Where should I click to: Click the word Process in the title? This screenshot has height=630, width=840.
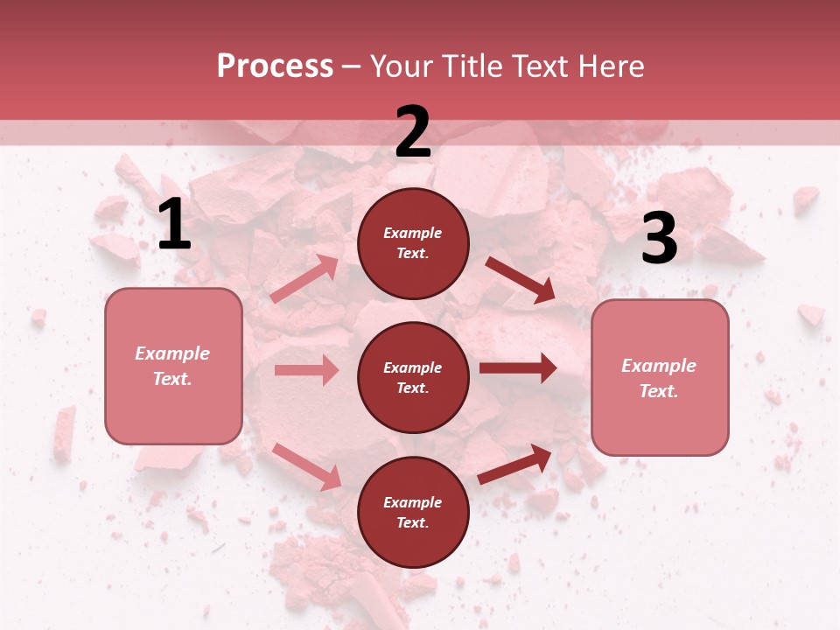tap(275, 66)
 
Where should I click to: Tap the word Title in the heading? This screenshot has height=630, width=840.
tap(471, 66)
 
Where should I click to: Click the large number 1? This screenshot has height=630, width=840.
tap(174, 225)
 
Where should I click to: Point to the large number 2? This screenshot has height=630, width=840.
tap(413, 133)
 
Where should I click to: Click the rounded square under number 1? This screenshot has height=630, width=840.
tap(173, 366)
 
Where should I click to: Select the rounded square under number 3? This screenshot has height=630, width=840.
tap(660, 377)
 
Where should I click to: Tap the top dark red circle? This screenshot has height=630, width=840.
tap(413, 243)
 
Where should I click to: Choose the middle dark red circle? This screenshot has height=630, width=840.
tap(413, 377)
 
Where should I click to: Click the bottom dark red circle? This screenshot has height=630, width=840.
tap(413, 512)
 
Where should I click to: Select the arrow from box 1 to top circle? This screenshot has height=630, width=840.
tap(304, 279)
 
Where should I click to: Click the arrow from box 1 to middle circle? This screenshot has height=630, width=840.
tap(306, 370)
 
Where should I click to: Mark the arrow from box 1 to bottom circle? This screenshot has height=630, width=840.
tap(306, 466)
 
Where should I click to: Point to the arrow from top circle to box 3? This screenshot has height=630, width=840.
tap(520, 279)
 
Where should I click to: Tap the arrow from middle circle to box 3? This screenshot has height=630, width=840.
tap(518, 368)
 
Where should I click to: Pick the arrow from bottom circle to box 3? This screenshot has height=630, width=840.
tap(515, 465)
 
